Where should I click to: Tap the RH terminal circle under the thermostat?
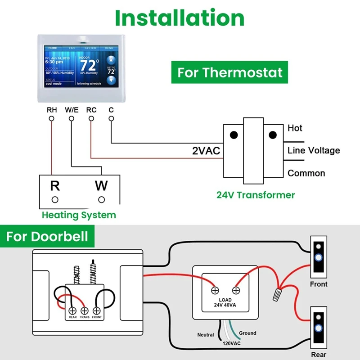coord(52,118)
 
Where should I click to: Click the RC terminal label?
coord(91,109)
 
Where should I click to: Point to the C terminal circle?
coord(111,118)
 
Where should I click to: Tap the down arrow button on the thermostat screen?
coord(111,80)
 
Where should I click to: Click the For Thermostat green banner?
coord(229,72)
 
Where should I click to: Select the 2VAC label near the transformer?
coord(206,151)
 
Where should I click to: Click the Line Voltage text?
coord(314,150)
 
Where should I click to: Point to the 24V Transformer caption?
coord(256,195)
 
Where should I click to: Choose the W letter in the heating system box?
coord(102,185)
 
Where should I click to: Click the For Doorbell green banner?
coord(47,236)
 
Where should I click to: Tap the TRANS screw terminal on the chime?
coord(84,310)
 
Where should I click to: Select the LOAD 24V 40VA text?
coord(225,302)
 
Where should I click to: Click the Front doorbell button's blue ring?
coord(319,258)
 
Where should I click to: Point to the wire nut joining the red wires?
coord(275,295)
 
